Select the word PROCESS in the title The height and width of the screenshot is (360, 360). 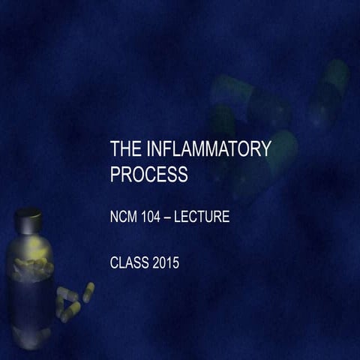[x=148, y=175]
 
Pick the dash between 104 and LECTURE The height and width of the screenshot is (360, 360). [x=177, y=218]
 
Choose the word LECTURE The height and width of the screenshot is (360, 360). [x=207, y=218]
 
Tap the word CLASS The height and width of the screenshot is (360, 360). [x=130, y=263]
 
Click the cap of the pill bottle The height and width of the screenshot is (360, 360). [x=28, y=220]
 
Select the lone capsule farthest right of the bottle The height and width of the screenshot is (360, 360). [x=88, y=292]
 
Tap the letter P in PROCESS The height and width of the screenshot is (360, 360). [x=115, y=175]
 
